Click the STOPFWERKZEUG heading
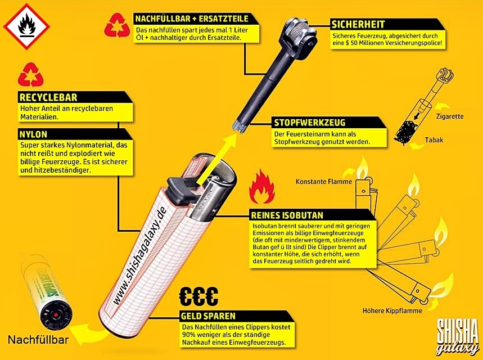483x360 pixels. (x=310, y=123)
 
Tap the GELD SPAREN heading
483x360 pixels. (x=208, y=316)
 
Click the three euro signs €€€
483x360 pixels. (x=198, y=296)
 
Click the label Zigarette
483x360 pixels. (x=449, y=116)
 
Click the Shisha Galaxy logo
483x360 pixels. (x=455, y=336)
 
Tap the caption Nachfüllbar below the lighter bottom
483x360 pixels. (x=39, y=340)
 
